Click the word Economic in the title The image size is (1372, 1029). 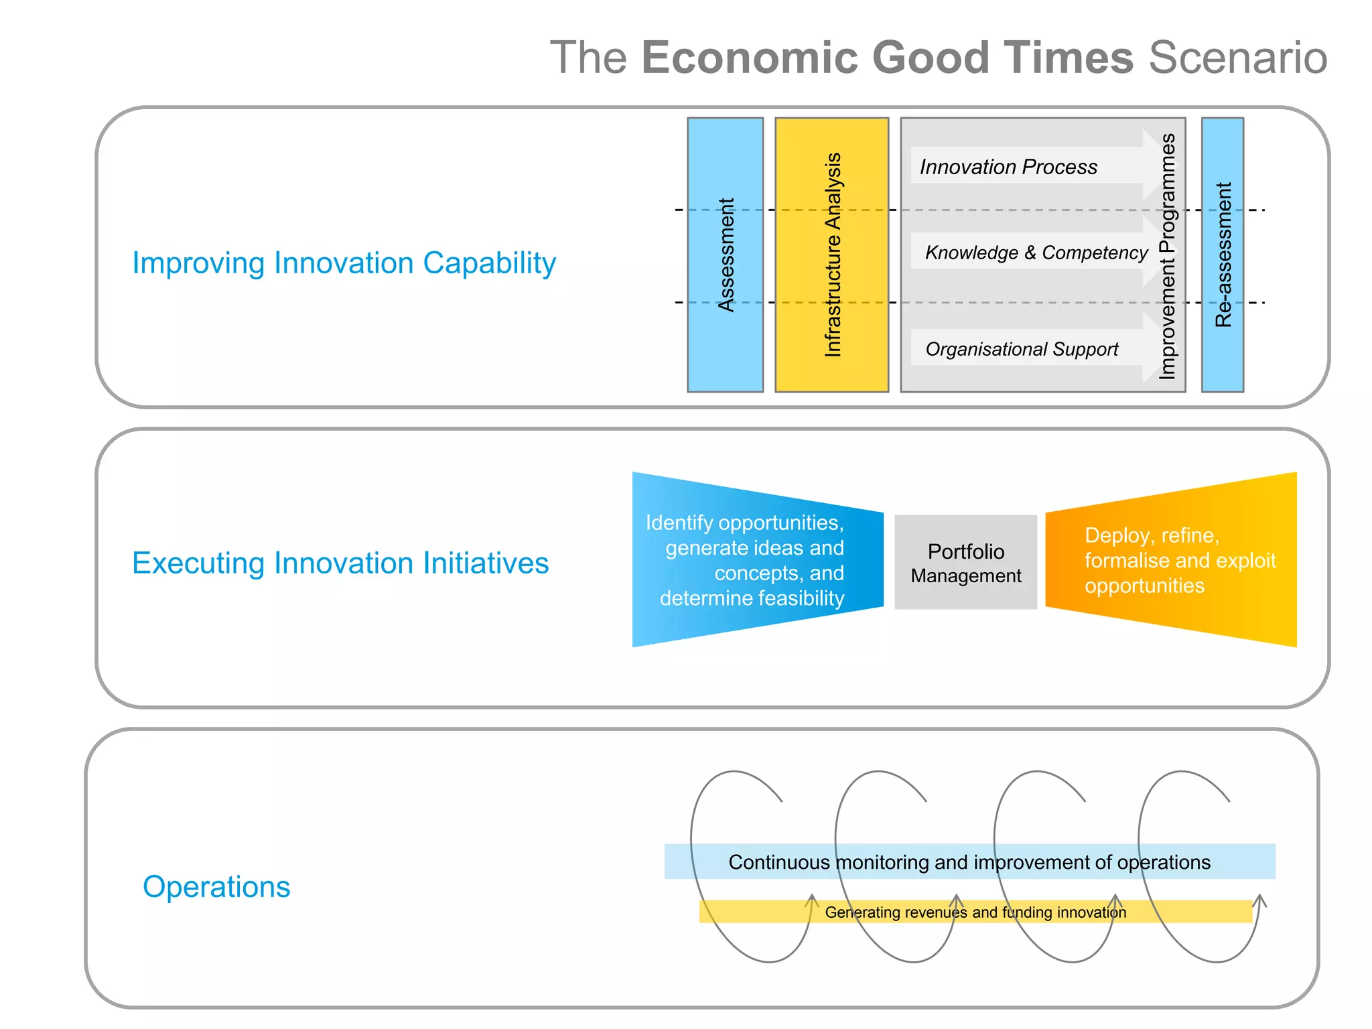click(x=749, y=58)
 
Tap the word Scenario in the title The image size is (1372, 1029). click(x=1237, y=58)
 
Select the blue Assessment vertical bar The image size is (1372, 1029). click(x=725, y=255)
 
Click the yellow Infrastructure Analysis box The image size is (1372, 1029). click(x=831, y=255)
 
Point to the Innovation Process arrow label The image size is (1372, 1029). click(x=1008, y=166)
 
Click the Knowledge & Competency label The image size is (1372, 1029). click(x=1036, y=253)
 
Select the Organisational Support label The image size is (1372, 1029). click(x=1021, y=349)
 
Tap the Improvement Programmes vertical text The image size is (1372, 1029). click(x=1168, y=256)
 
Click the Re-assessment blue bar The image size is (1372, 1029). click(x=1223, y=255)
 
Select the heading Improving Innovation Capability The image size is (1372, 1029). click(x=344, y=263)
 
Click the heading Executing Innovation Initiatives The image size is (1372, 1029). click(x=340, y=563)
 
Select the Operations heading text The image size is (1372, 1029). click(x=216, y=886)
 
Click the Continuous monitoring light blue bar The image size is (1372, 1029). click(x=969, y=862)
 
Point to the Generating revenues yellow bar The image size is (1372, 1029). click(x=975, y=912)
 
